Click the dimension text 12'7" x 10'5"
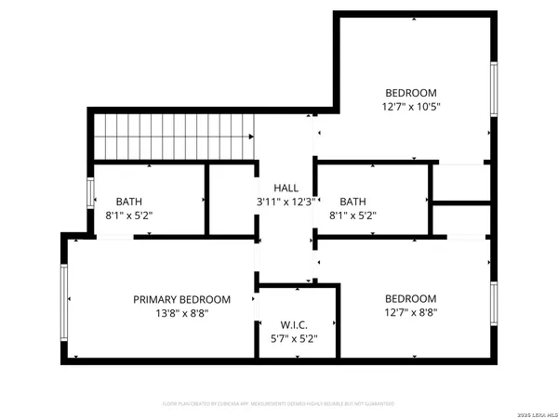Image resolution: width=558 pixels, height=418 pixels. coord(411,107)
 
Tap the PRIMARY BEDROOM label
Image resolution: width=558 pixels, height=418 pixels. coord(181,299)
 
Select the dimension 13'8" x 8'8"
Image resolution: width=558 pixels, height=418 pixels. coord(181,313)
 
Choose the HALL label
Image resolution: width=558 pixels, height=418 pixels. coord(286,188)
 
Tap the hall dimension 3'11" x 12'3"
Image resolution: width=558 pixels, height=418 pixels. coord(286,202)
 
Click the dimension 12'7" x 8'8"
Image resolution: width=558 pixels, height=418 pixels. coord(411,313)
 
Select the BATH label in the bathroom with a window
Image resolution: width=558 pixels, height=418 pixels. coord(129,202)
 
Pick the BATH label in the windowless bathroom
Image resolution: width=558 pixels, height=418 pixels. coord(352,202)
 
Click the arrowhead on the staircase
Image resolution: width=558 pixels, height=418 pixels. coord(251,137)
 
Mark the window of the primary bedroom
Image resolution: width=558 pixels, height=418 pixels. coord(65,299)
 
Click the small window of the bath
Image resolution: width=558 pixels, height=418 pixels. coord(90,193)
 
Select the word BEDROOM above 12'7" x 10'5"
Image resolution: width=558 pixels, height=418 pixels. coord(411,93)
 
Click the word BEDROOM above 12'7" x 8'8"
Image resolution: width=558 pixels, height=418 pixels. coord(411,299)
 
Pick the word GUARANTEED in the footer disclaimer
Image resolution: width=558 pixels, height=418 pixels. coord(378,404)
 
